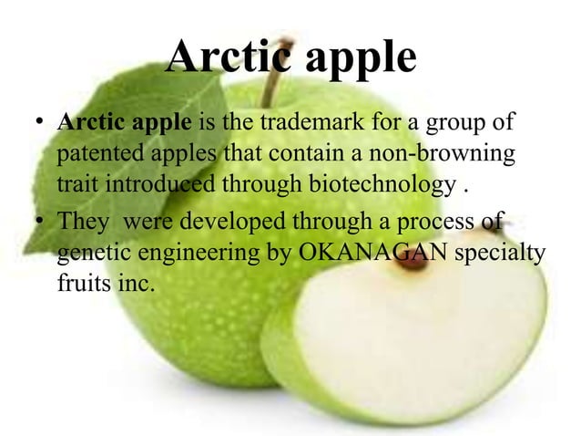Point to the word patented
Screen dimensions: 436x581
click(x=96, y=153)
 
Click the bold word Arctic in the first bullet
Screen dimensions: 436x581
click(x=88, y=121)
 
